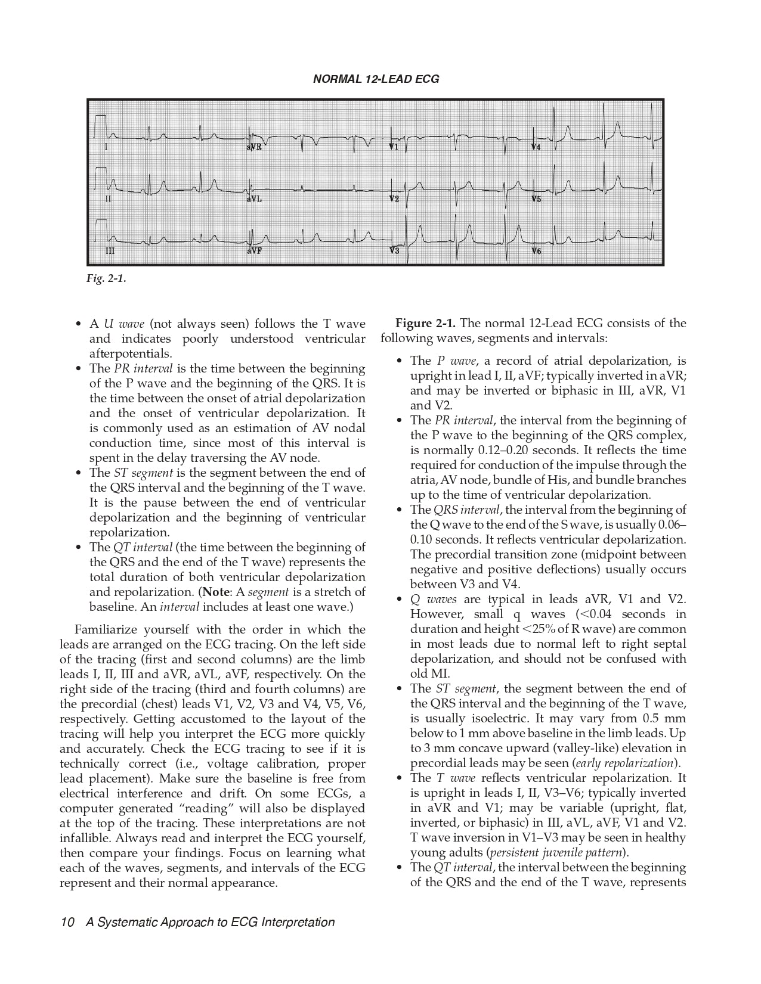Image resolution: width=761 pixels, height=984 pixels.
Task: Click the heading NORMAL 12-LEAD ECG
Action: click(376, 79)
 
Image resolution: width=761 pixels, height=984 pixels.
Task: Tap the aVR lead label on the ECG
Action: click(254, 147)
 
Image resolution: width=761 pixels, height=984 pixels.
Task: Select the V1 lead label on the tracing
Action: click(394, 147)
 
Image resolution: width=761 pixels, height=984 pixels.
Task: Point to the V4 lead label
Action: click(536, 147)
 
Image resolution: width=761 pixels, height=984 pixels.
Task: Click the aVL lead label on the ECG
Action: click(254, 199)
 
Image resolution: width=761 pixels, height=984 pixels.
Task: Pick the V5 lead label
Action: click(536, 199)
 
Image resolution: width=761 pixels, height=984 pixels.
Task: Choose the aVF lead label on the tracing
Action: click(254, 251)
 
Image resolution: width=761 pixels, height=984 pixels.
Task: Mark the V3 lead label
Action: click(394, 251)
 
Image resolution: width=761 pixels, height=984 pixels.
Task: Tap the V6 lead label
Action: click(536, 251)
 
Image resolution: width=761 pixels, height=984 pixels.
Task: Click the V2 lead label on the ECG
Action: click(394, 198)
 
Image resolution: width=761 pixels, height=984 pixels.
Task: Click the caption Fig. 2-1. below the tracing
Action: click(106, 278)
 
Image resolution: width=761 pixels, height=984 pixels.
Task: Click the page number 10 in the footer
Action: click(66, 923)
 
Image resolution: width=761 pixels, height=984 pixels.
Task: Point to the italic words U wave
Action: click(124, 324)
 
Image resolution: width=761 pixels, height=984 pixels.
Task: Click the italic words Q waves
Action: click(432, 600)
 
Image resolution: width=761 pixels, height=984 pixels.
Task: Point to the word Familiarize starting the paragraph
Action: click(106, 630)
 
